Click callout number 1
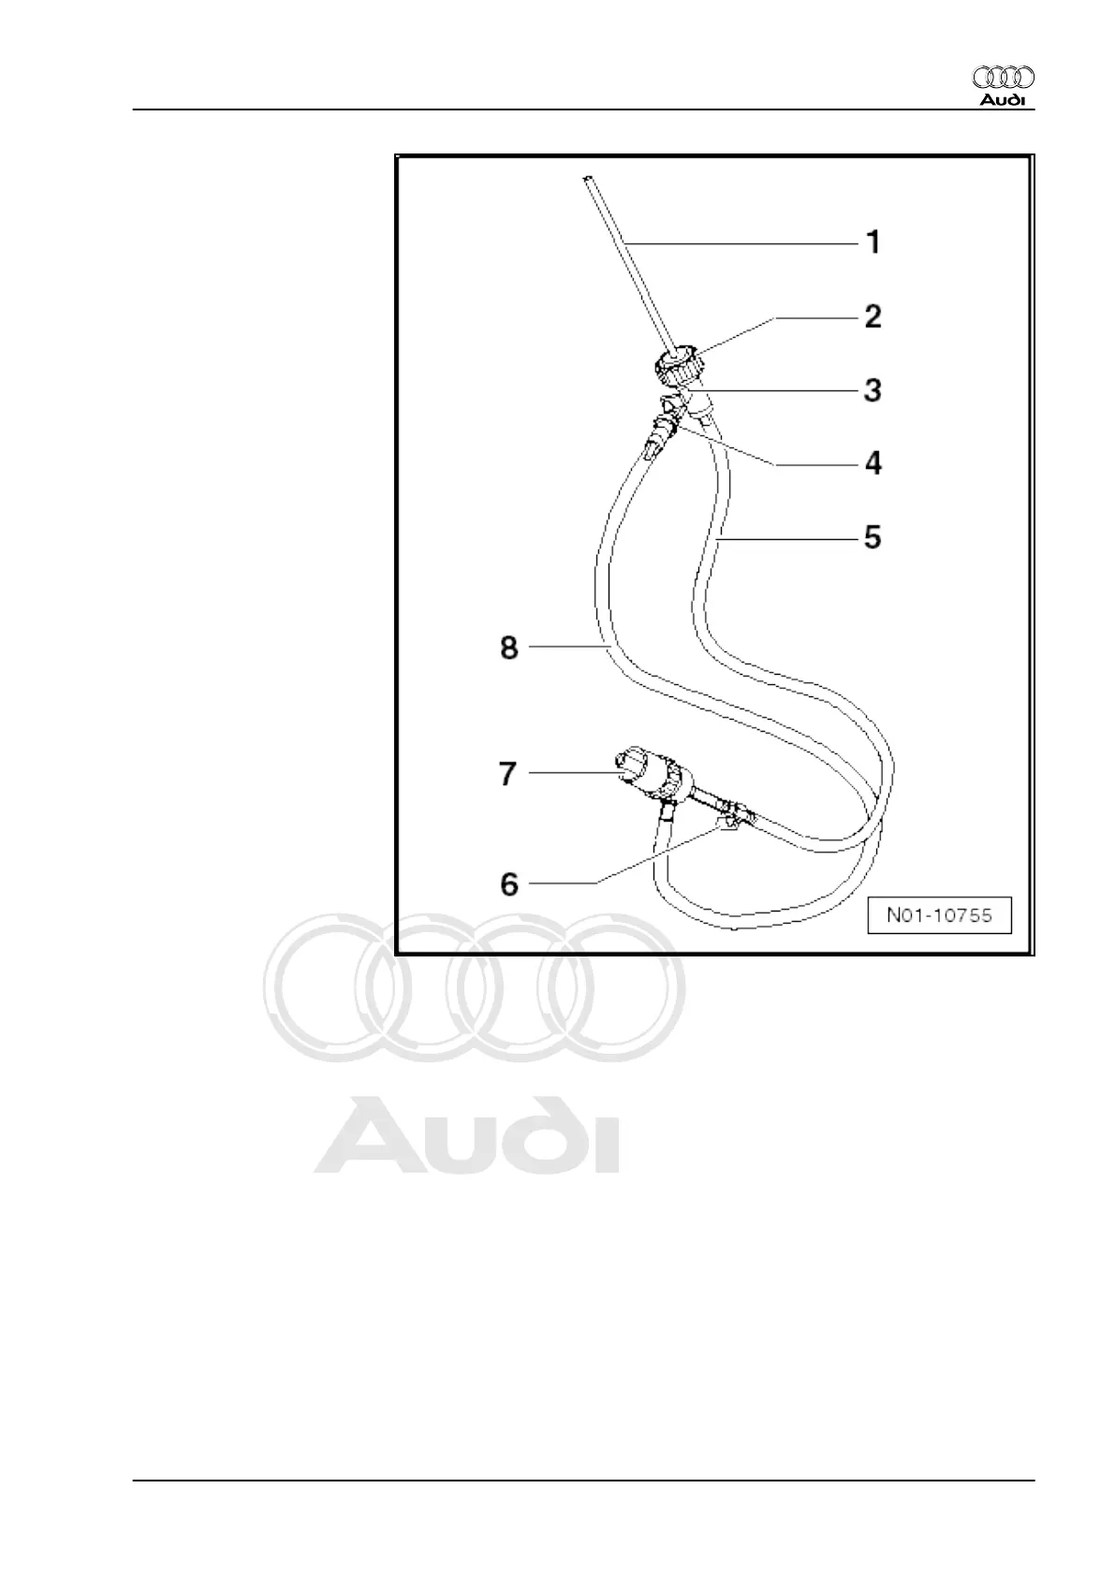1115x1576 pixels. (873, 243)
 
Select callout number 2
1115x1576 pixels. (873, 316)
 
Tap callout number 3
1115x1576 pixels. (873, 389)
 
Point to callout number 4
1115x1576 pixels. (873, 462)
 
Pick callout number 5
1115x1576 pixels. (873, 537)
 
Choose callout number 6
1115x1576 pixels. (509, 883)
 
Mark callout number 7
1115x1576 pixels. (507, 774)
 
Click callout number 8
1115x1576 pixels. (509, 648)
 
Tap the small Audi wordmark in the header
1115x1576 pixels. (1003, 100)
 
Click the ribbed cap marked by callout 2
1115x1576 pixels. (676, 364)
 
